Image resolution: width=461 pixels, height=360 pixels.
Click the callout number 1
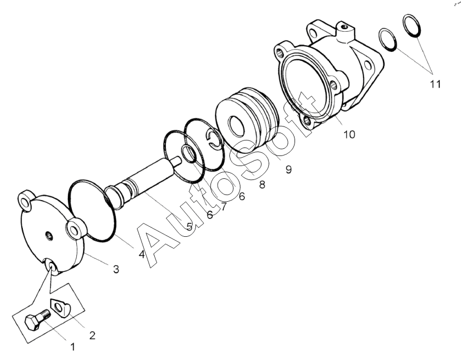tap(72, 347)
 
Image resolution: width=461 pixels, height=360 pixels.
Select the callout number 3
tap(116, 269)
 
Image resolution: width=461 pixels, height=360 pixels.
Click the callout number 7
tap(223, 206)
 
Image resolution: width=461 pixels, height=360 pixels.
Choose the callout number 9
tap(288, 169)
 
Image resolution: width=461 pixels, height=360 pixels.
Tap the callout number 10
tap(349, 134)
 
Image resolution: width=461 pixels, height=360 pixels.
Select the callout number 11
tap(435, 84)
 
